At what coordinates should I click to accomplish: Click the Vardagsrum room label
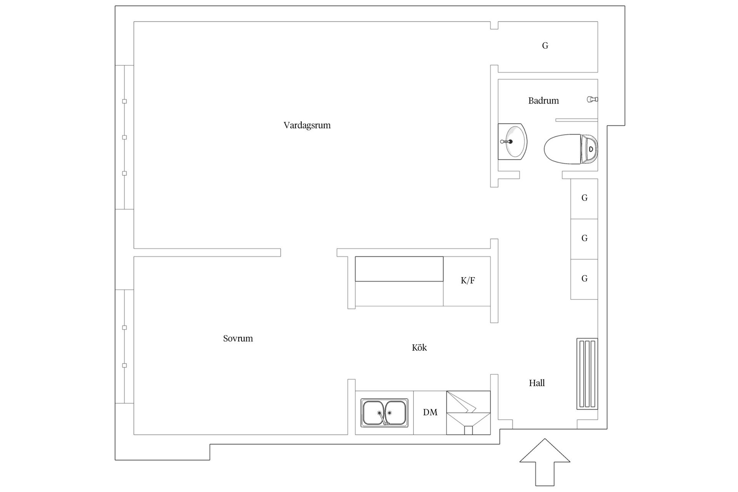(307, 125)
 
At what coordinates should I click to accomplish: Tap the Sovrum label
(238, 339)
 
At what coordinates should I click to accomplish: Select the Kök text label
(419, 347)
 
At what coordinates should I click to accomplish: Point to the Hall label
(537, 383)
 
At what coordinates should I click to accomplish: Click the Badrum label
(544, 101)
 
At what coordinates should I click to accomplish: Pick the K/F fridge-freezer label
(468, 281)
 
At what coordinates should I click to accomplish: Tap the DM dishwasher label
(430, 412)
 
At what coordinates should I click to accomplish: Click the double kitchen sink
(384, 413)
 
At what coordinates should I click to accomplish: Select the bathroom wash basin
(512, 141)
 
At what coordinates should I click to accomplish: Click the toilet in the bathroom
(571, 149)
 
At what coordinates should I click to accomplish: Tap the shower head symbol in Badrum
(592, 100)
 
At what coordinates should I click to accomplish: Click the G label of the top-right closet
(545, 46)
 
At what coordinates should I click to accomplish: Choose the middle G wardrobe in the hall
(584, 239)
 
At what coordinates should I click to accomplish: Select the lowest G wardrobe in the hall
(584, 279)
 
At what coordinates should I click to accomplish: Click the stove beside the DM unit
(468, 413)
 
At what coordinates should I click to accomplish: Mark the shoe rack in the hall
(587, 374)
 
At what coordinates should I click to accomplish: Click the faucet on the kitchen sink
(383, 418)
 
